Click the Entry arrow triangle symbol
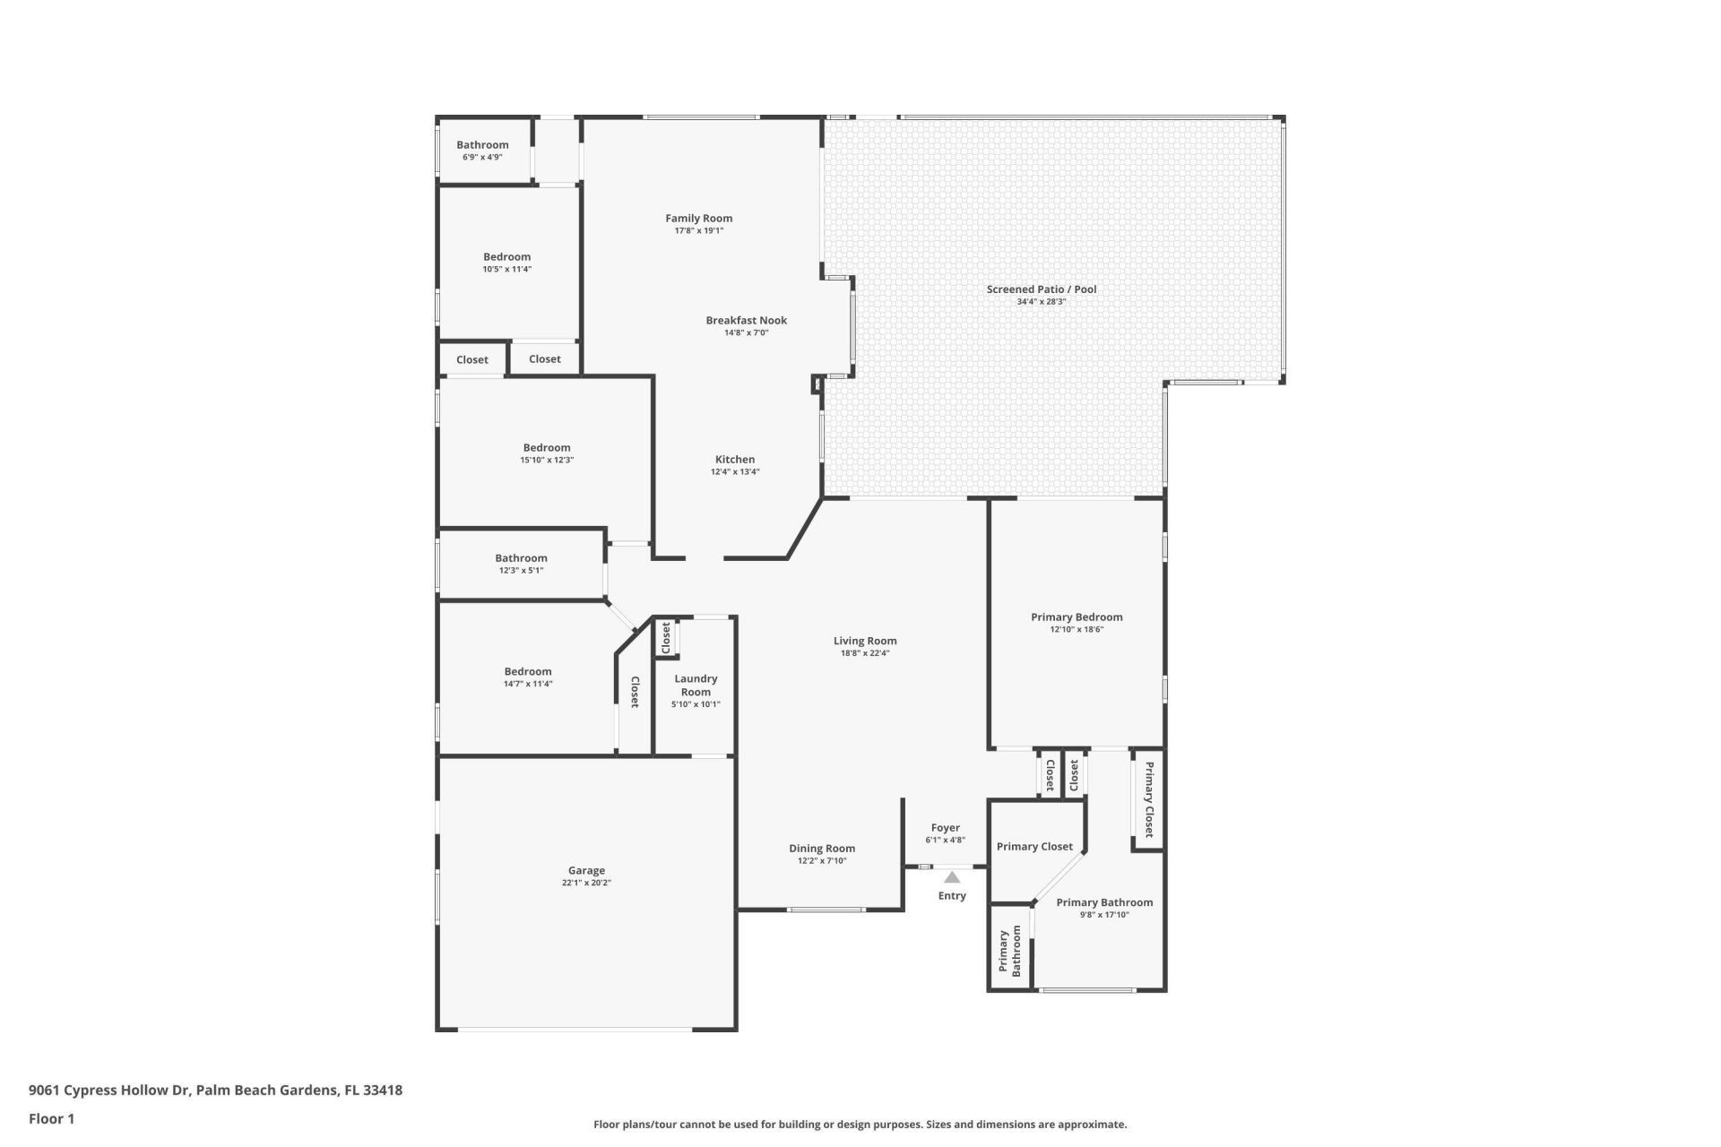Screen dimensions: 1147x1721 point(952,878)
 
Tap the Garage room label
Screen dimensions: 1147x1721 point(586,870)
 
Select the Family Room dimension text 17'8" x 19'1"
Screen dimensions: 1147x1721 point(698,231)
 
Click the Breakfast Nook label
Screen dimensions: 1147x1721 point(746,320)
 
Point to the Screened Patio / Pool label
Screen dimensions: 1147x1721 point(1041,289)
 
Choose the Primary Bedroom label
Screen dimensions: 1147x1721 point(1076,617)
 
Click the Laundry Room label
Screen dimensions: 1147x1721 point(696,685)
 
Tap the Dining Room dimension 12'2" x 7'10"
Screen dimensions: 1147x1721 point(821,861)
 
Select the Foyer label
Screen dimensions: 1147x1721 point(945,828)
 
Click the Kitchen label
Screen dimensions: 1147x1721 point(734,460)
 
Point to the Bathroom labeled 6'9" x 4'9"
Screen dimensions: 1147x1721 point(482,145)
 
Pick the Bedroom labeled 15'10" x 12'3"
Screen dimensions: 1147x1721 point(547,448)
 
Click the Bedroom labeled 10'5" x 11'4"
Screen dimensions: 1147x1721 point(506,257)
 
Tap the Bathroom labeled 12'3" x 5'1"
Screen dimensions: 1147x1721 point(521,558)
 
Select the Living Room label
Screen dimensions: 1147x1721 point(864,641)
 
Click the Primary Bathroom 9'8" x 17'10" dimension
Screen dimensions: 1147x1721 point(1104,915)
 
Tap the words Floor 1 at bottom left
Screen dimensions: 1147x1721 point(51,1118)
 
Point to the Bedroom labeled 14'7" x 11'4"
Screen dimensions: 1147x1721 point(527,672)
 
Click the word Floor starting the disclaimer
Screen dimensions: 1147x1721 point(608,1125)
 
